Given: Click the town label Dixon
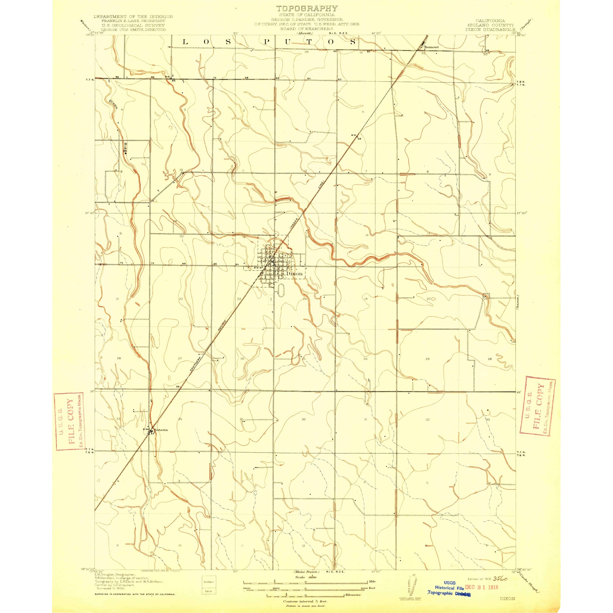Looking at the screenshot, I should (x=294, y=273).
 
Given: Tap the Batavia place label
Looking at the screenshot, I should (x=161, y=430).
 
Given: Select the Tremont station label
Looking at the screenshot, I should (x=432, y=47).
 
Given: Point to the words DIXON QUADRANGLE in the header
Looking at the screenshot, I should (x=490, y=29).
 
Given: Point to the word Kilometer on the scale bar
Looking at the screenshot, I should (x=353, y=595).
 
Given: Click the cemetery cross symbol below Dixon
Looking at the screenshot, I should (x=271, y=299).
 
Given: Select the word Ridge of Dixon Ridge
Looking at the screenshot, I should (x=126, y=148).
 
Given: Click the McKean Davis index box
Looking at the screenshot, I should (x=209, y=584).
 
